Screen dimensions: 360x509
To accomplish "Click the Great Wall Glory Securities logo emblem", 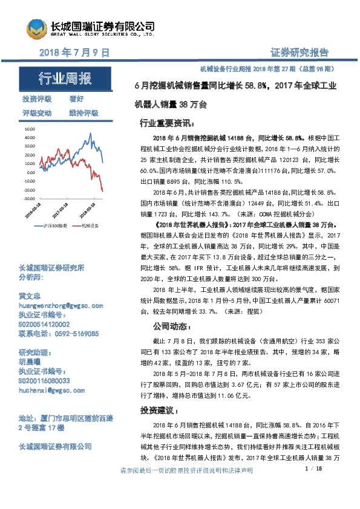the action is [x=36, y=27].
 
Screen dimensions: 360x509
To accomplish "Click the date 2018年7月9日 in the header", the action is [x=74, y=53].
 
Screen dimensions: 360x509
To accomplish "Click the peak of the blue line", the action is [x=90, y=134].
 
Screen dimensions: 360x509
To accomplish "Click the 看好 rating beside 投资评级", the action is [x=77, y=99].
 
